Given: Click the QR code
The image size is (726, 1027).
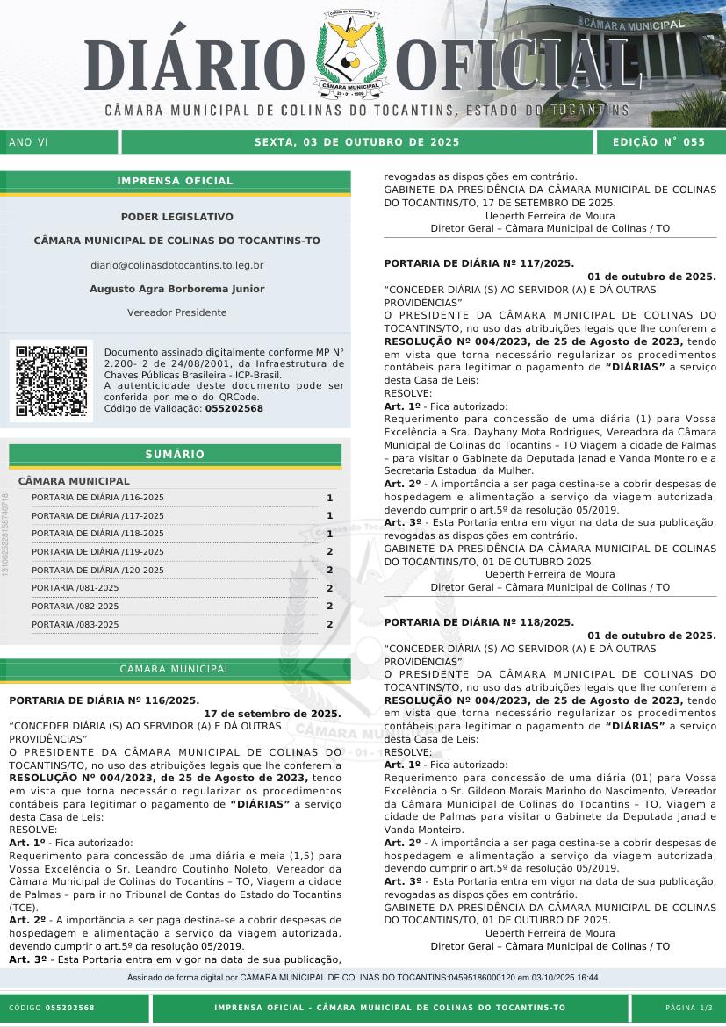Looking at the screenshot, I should point(51,381).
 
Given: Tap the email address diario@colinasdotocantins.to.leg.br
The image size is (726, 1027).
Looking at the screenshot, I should point(176,264).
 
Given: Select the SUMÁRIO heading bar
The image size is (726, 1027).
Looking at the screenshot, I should point(175,455).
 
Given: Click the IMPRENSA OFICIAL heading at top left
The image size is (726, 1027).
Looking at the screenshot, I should point(176,181).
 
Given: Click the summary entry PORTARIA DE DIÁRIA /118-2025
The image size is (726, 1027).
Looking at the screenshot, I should point(97,534).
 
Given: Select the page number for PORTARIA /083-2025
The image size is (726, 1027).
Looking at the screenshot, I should point(329,625).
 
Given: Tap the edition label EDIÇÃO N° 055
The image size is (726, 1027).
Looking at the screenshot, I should point(658,142).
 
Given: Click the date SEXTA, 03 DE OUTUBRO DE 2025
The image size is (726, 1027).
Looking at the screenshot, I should point(356,142).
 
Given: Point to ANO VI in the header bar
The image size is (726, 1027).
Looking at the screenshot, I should point(29,142).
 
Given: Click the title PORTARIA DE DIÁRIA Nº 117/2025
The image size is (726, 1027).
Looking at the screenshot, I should point(479,262).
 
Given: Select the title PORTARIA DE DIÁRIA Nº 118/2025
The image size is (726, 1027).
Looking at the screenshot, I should point(479,622).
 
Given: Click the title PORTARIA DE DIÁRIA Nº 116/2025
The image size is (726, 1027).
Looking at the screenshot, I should point(104,700).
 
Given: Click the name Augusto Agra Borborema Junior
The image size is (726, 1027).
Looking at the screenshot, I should point(176,289).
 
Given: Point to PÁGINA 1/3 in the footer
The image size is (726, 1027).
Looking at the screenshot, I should point(689,1008).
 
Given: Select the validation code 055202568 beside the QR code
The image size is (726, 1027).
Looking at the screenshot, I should point(234,408).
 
